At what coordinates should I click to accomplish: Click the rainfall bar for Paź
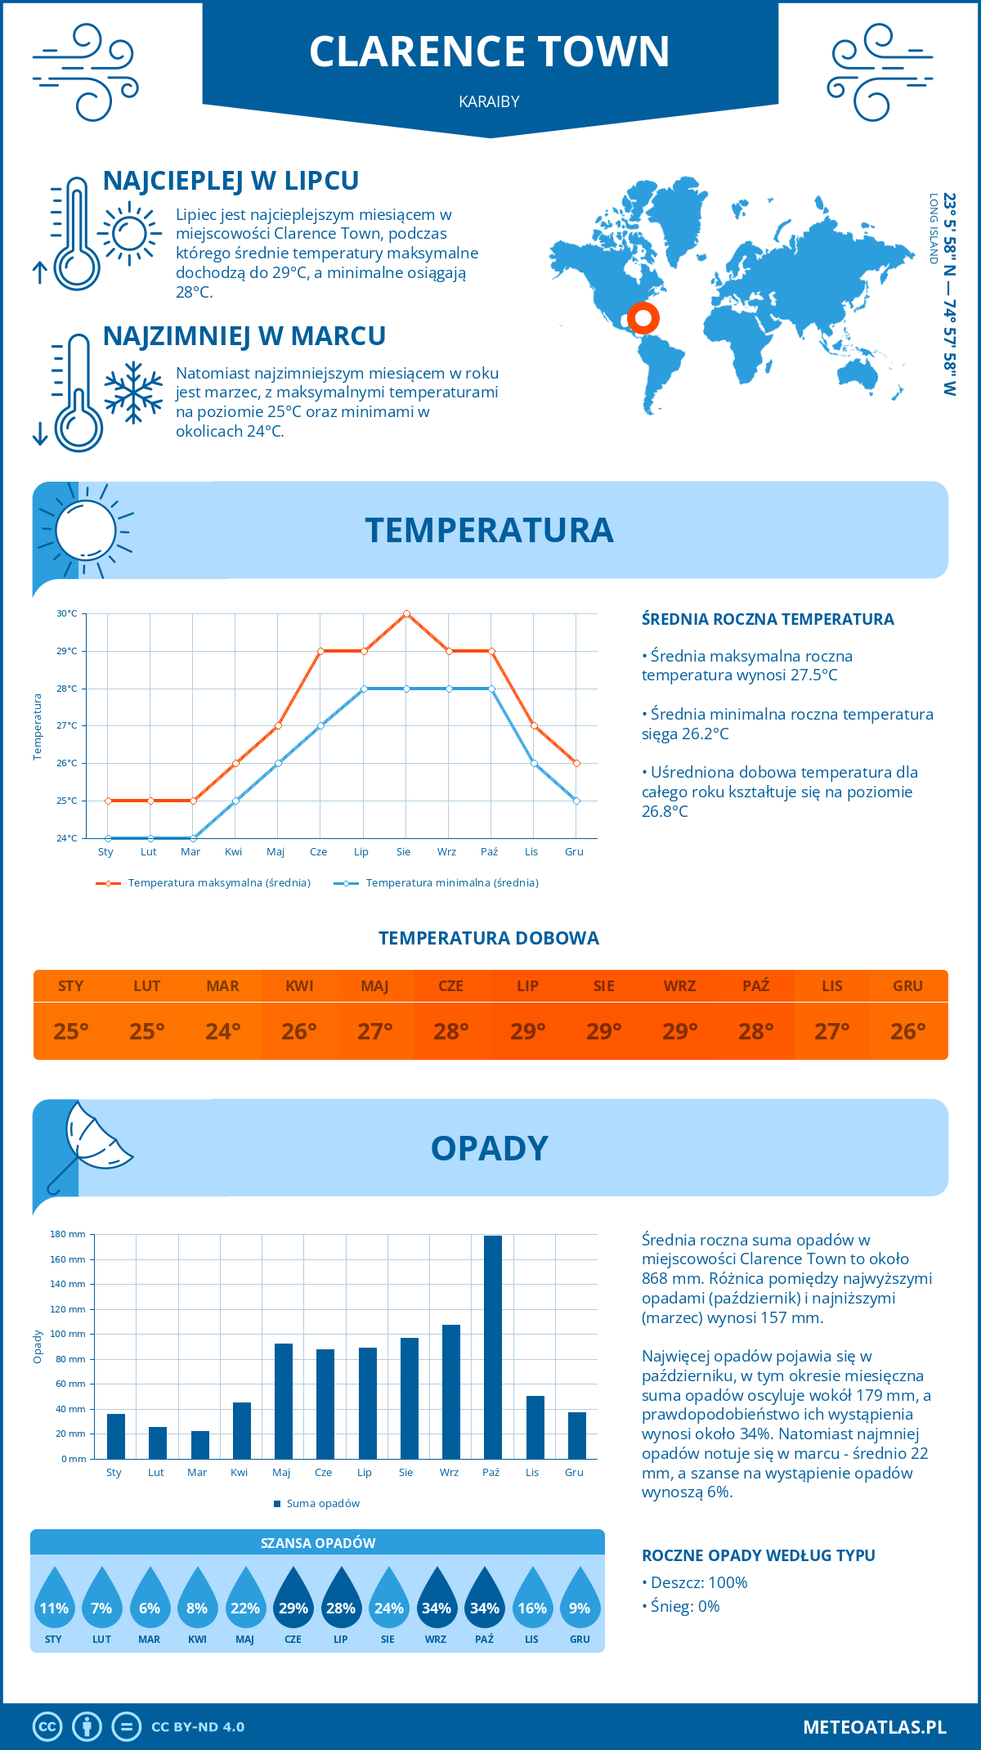click(492, 1347)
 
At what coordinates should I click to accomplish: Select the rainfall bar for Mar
click(199, 1444)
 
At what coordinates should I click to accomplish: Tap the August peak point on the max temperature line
click(406, 613)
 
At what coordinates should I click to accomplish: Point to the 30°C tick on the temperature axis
click(67, 613)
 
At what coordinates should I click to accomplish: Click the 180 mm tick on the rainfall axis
click(69, 1234)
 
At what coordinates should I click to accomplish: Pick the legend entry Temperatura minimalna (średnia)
click(437, 883)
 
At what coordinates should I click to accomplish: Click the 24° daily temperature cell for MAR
click(222, 1031)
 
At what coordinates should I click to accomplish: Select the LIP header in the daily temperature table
click(527, 985)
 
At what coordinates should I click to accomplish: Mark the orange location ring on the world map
click(643, 318)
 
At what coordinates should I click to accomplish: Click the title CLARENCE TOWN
click(490, 52)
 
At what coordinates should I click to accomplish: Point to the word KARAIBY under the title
click(490, 101)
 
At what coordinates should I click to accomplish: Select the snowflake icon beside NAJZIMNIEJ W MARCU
click(133, 393)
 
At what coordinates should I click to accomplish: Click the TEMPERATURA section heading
click(490, 530)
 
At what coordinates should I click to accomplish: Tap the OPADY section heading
click(490, 1148)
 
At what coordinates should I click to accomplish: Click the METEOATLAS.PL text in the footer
click(874, 1727)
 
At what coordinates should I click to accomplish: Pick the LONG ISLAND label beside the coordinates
click(933, 229)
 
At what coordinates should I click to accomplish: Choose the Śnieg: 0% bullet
click(681, 1606)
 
